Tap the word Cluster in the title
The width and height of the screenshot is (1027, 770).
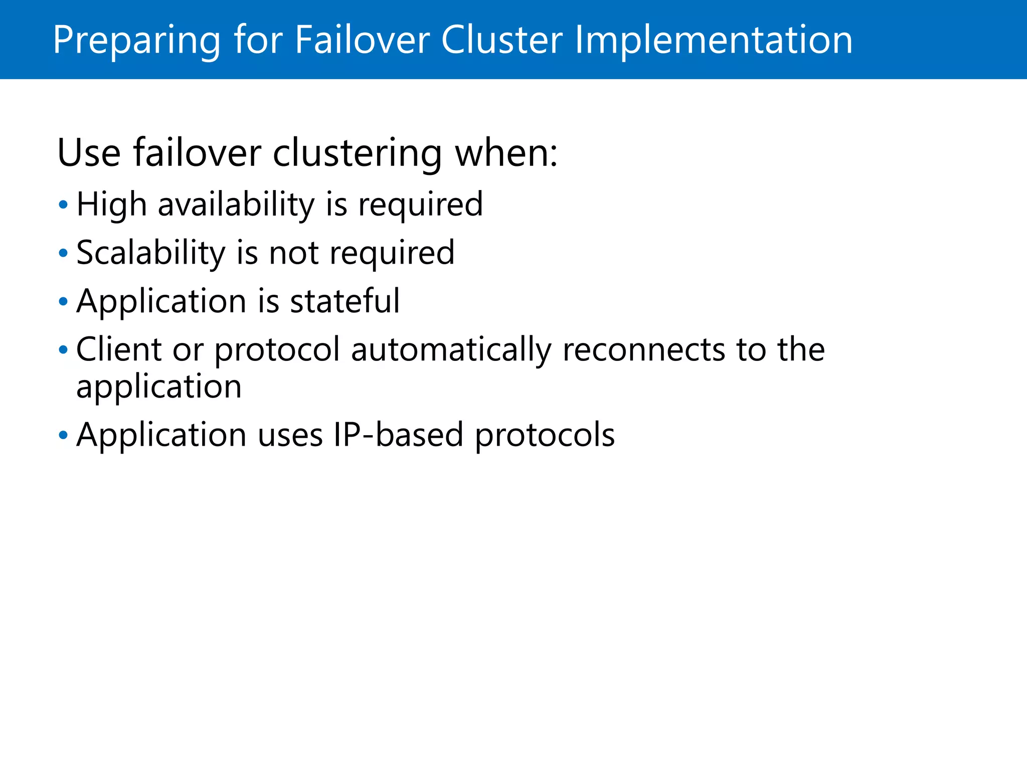point(502,40)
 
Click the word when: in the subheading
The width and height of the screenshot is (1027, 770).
point(506,153)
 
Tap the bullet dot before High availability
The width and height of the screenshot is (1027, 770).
point(63,205)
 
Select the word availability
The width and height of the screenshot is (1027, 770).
point(236,205)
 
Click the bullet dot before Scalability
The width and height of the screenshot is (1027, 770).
point(63,253)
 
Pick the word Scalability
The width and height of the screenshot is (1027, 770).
point(151,253)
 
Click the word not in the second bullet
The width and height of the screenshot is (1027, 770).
point(294,253)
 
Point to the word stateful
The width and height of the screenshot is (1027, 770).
point(345,301)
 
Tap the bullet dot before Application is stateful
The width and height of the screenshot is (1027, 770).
point(63,302)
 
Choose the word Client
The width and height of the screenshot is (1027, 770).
point(119,349)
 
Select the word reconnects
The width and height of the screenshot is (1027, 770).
point(644,349)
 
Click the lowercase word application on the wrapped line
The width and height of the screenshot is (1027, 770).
point(159,388)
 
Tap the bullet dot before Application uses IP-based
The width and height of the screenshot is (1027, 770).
point(63,435)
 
